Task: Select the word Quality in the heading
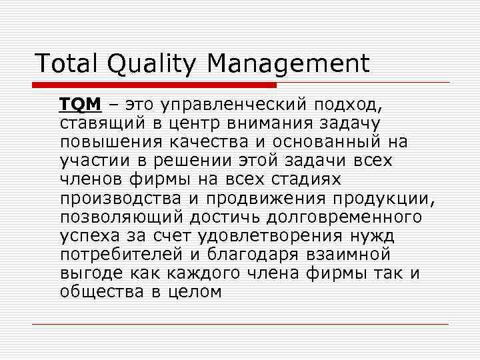click(x=150, y=65)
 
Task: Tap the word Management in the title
click(x=288, y=64)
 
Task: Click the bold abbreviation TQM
click(x=80, y=105)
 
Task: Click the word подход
click(x=350, y=105)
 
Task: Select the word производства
click(x=125, y=199)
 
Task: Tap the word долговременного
click(x=346, y=217)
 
